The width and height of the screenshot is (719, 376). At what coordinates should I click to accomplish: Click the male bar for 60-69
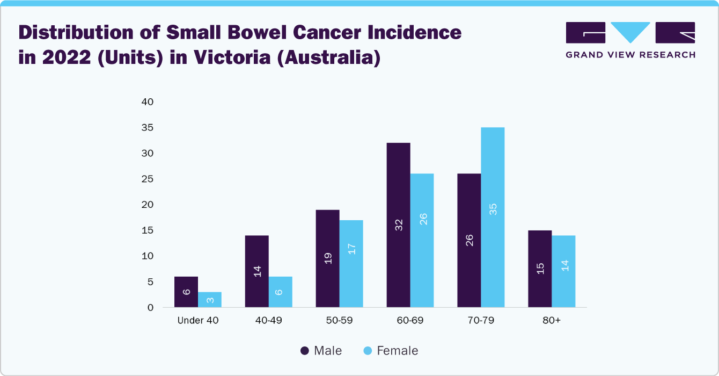pyautogui.click(x=398, y=225)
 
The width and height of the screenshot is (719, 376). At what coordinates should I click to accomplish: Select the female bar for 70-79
pyautogui.click(x=493, y=218)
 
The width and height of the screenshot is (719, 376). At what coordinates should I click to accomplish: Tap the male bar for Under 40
pyautogui.click(x=186, y=292)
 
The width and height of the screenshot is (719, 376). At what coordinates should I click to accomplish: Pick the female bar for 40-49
pyautogui.click(x=280, y=292)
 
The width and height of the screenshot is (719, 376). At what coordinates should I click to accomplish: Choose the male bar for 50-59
pyautogui.click(x=327, y=258)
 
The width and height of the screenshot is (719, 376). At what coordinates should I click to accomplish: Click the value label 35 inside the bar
pyautogui.click(x=493, y=209)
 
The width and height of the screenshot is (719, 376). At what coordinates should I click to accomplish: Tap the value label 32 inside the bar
pyautogui.click(x=399, y=225)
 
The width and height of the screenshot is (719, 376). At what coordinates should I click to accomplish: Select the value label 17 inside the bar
pyautogui.click(x=351, y=249)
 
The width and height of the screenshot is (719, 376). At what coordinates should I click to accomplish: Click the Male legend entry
pyautogui.click(x=321, y=351)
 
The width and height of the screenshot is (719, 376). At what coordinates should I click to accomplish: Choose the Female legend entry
pyautogui.click(x=391, y=351)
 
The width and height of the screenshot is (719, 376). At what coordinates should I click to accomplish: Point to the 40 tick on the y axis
pyautogui.click(x=148, y=102)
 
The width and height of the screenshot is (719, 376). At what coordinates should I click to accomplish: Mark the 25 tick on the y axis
pyautogui.click(x=148, y=179)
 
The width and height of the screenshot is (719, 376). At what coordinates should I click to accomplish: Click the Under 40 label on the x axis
pyautogui.click(x=198, y=320)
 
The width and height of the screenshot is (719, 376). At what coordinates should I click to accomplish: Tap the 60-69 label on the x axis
pyautogui.click(x=410, y=320)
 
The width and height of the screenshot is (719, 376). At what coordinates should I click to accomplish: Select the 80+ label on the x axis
pyautogui.click(x=551, y=320)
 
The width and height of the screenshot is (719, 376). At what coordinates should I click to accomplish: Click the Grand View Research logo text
pyautogui.click(x=630, y=55)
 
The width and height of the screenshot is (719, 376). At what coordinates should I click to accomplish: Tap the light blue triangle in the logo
pyautogui.click(x=630, y=32)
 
